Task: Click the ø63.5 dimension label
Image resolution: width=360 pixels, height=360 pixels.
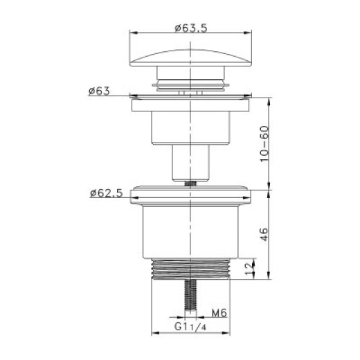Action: (191, 28)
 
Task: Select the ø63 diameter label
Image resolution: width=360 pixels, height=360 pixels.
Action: (99, 91)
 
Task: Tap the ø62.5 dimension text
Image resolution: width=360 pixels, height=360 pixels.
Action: (106, 193)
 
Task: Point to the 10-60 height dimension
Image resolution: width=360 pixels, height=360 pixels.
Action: (264, 144)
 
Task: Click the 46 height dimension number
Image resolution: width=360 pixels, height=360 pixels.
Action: (264, 235)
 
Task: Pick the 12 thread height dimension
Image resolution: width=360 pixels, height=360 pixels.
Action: (249, 269)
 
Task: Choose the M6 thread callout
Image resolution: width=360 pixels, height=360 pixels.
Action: (219, 313)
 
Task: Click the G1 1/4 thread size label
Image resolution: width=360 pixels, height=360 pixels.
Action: (190, 327)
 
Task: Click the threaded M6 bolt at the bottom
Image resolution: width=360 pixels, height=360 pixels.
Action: (190, 295)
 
